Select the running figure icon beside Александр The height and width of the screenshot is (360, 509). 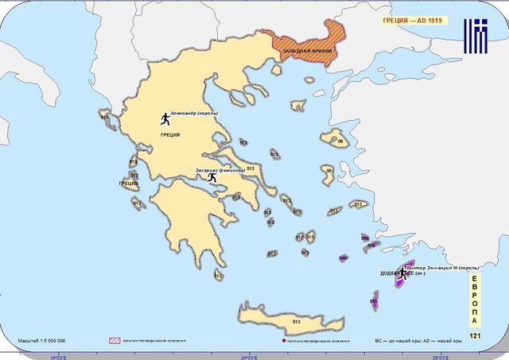165,118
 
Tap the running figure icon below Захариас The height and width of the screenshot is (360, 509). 212,177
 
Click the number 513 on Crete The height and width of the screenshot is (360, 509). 296,321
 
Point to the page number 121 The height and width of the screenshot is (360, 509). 475,336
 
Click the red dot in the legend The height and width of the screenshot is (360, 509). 284,341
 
